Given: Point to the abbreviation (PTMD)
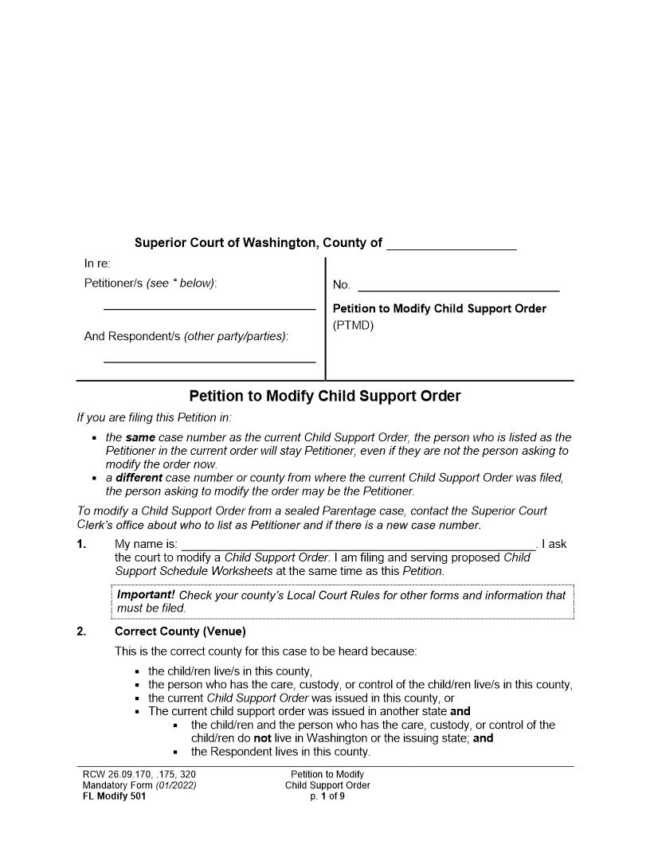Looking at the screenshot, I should coord(353,325).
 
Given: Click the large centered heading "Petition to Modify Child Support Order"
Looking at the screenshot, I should coord(325,397).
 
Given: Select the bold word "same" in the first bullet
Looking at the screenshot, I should coord(140,437).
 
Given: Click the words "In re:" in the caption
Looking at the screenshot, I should coord(97,264).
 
